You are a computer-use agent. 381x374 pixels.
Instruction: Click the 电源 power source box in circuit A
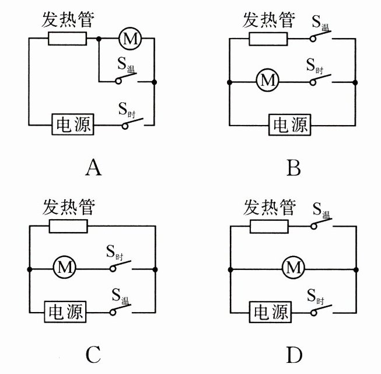[73, 124]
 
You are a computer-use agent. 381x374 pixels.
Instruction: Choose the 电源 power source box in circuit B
[289, 124]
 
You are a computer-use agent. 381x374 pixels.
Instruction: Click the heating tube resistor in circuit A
[67, 39]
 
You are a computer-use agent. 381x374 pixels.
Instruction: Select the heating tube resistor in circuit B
[268, 39]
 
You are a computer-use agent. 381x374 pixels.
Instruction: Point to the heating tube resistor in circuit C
[68, 227]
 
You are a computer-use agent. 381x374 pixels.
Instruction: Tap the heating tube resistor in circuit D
[269, 227]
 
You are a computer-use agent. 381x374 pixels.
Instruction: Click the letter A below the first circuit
[93, 168]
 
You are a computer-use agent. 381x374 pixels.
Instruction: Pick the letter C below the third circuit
[93, 354]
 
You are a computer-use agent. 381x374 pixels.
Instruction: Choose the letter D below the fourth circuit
[293, 354]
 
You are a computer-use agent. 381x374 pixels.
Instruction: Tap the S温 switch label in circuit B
[320, 24]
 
